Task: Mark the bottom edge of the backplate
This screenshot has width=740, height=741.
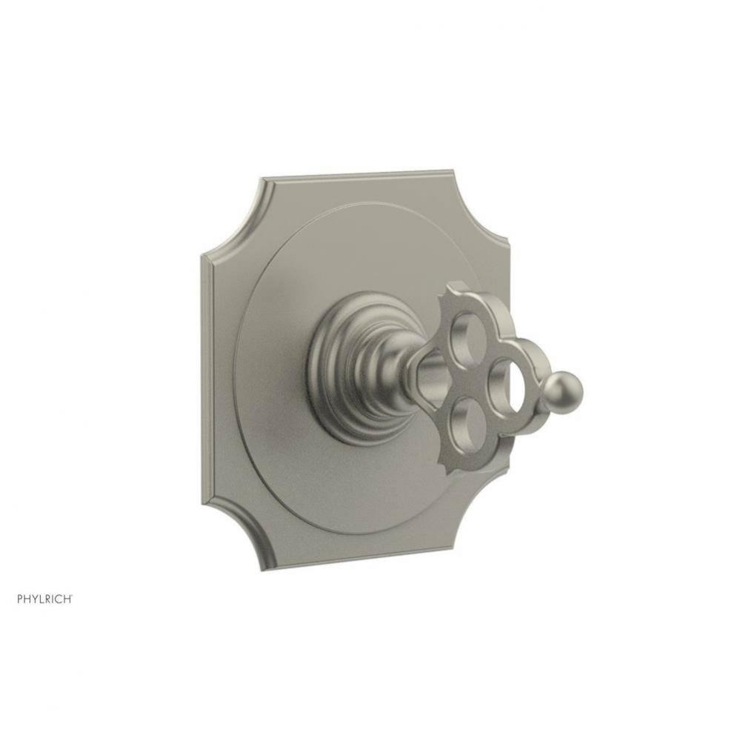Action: pyautogui.click(x=370, y=558)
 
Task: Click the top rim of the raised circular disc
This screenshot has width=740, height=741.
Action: pyautogui.click(x=356, y=205)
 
